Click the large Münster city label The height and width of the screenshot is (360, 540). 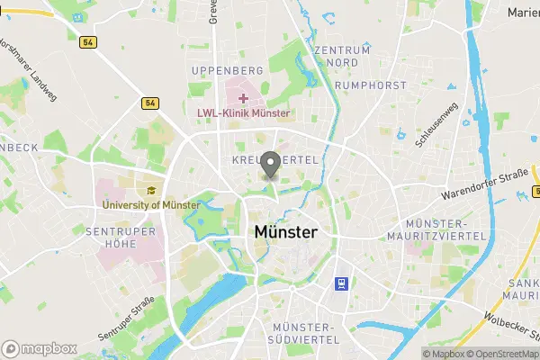pos(285,232)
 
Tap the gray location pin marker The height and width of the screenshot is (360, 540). pos(270,166)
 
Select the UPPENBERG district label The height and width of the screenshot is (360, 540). pos(226,70)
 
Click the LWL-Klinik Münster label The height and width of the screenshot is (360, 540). pos(243,114)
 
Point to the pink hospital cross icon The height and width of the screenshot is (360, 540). pos(243,97)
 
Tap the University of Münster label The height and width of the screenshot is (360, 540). pos(151,205)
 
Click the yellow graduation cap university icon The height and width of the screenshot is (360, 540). pos(151,190)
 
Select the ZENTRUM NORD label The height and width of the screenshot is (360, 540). pos(343,56)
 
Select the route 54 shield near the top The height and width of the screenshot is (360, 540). pos(87,42)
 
